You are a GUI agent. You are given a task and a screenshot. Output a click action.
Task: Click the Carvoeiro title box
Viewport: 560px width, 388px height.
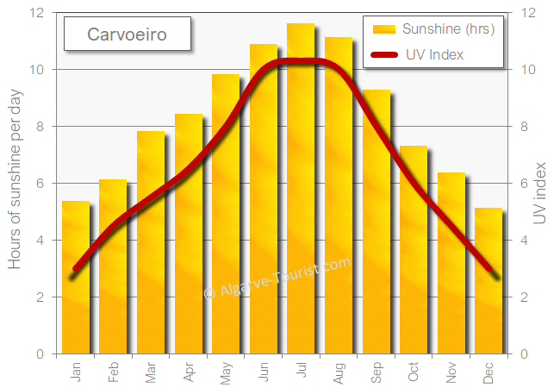coord(127,35)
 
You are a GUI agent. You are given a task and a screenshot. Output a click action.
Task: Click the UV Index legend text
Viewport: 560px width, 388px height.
coord(434,54)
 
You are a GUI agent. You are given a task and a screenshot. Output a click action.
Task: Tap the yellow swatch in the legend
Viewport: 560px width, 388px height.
coord(383,29)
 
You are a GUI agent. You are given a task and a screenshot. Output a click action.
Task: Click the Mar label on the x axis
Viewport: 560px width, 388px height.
coord(152,372)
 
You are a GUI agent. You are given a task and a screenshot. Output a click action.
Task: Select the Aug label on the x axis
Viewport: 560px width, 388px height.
coord(339,372)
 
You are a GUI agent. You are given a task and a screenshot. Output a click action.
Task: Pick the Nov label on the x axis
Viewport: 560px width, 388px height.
coord(451,372)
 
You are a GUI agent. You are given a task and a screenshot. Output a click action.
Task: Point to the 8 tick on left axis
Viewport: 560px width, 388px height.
coord(40,126)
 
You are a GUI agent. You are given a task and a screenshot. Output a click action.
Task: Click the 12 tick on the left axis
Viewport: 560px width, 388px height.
coord(36,13)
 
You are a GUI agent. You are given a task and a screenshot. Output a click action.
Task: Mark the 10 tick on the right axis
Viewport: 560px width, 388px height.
coord(527,69)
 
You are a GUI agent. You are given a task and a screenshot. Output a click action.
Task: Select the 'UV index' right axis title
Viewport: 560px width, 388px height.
coord(541,193)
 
